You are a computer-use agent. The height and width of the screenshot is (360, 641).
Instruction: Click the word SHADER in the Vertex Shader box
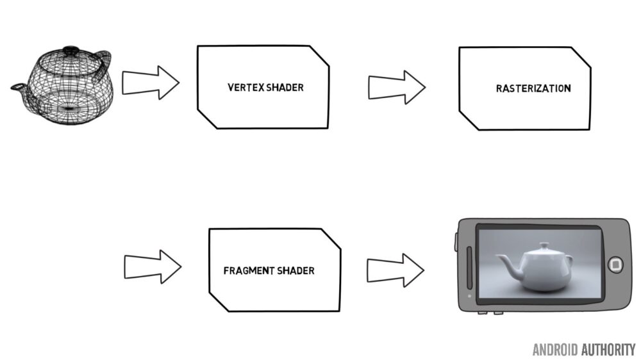coord(285,88)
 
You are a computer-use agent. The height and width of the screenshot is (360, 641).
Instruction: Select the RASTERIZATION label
coord(533,88)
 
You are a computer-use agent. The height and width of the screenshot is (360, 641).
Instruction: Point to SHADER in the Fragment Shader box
coord(296,270)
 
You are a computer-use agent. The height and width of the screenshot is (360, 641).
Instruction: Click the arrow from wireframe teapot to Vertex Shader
coord(151,83)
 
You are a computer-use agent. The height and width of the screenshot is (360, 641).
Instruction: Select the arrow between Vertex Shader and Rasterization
coord(397,87)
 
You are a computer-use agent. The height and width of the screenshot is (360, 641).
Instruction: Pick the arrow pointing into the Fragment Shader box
coord(153,267)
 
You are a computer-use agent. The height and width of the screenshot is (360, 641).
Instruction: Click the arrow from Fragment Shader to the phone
coord(395,270)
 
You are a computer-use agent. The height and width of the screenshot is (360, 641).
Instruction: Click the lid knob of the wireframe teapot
coord(71,49)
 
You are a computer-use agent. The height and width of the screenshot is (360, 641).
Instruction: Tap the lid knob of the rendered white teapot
coord(544,245)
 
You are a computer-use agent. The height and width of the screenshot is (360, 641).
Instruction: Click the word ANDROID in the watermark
coord(555,350)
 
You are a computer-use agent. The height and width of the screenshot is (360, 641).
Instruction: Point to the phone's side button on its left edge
coord(456,242)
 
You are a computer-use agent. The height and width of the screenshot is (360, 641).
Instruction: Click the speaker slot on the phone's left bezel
coord(469,268)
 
